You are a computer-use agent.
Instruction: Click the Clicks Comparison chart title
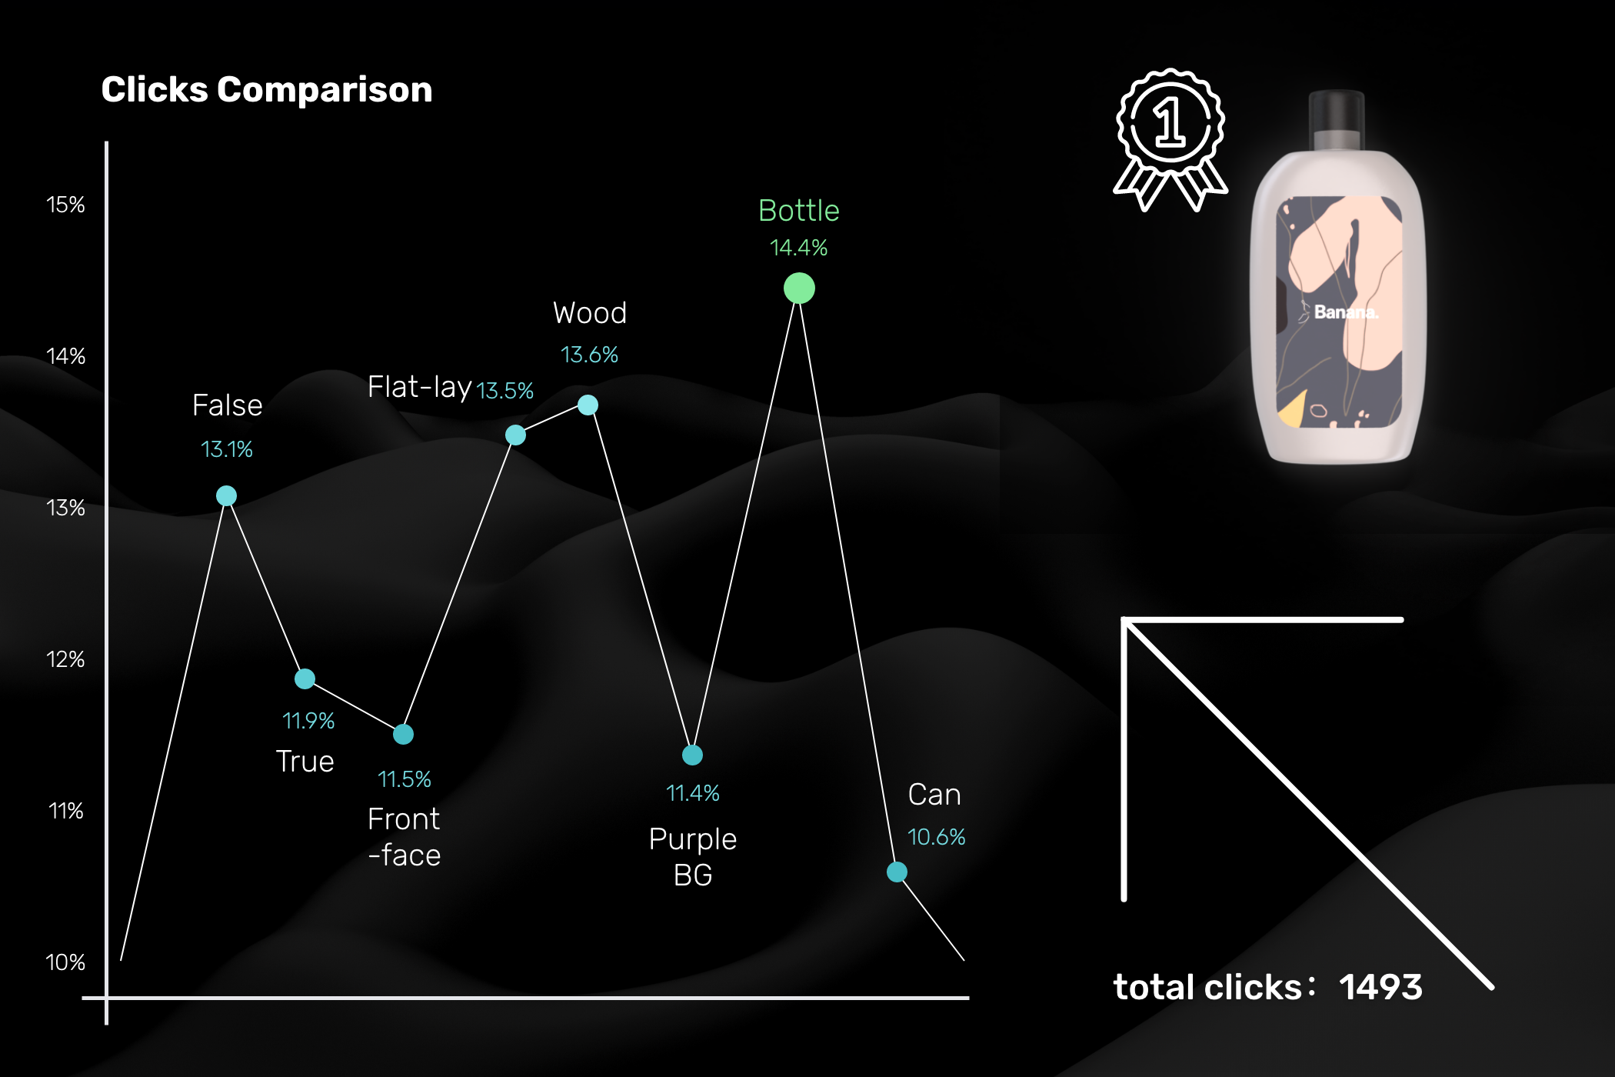tap(267, 90)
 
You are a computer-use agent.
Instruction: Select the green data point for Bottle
tap(799, 288)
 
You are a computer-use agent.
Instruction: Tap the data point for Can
tap(897, 872)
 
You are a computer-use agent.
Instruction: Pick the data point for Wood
tap(588, 405)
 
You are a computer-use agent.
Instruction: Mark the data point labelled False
tap(226, 495)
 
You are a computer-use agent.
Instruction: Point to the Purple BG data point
tap(692, 755)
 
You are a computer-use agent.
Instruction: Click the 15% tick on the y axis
tap(65, 205)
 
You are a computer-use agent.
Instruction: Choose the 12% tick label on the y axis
tap(65, 659)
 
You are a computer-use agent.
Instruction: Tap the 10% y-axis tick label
tap(65, 962)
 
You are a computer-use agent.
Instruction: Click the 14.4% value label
tap(799, 248)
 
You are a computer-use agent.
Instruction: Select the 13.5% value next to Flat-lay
tap(505, 391)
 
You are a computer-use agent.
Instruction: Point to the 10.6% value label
tap(936, 837)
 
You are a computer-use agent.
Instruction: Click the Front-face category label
tap(405, 837)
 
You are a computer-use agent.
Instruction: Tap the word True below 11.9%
tap(305, 762)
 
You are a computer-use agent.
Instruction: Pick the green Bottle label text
tap(799, 211)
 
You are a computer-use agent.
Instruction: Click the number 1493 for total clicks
tap(1380, 987)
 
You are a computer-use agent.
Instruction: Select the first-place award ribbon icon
tap(1170, 139)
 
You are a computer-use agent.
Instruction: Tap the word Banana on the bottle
tap(1346, 312)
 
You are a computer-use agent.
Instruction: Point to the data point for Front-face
tap(403, 734)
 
